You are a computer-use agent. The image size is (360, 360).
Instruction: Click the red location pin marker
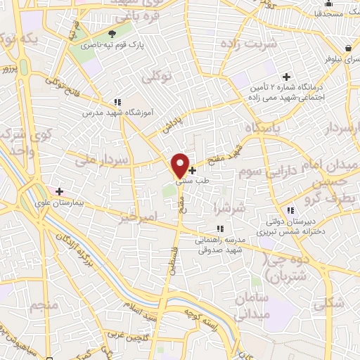coord(180,165)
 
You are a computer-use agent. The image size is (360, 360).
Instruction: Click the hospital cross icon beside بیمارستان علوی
coord(59,191)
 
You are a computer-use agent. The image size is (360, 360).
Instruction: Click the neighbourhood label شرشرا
coord(231,207)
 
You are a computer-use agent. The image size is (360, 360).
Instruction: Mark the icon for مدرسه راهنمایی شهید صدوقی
coord(220,229)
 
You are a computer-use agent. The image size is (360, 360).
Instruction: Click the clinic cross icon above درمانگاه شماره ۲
coord(286,77)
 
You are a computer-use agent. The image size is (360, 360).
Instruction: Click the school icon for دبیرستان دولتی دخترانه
coord(290,210)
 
